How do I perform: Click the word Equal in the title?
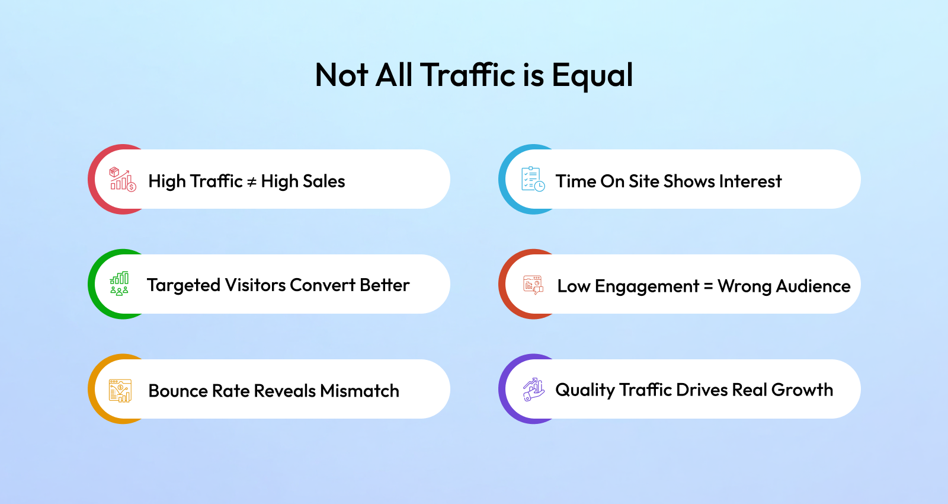592,75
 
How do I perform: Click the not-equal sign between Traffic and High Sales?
251,182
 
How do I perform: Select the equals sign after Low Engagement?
708,287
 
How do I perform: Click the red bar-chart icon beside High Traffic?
123,179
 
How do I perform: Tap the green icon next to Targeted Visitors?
119,284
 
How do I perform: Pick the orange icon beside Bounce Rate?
120,391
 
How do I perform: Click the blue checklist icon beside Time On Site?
533,179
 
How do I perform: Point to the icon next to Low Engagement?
533,285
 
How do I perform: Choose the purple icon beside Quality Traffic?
533,389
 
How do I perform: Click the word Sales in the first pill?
324,181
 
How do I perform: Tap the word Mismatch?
359,391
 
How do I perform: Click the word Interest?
750,181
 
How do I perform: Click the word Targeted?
184,286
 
